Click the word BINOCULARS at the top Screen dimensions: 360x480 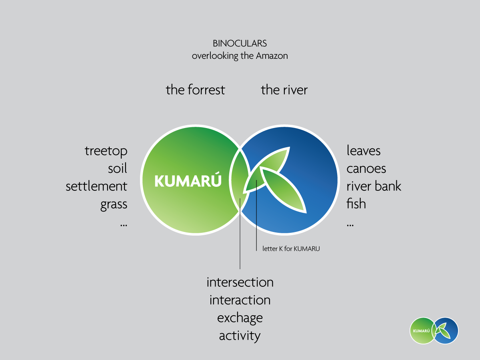click(240, 43)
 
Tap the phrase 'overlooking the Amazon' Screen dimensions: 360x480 click(240, 56)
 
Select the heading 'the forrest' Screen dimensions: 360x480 click(195, 90)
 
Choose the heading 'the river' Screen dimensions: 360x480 click(284, 90)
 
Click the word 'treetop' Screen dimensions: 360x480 click(106, 151)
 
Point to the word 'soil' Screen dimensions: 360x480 click(118, 168)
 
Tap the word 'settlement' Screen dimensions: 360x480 click(96, 186)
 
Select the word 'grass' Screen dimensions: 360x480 click(114, 204)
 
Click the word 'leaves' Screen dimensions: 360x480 click(364, 151)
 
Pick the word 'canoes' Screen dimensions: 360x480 click(366, 168)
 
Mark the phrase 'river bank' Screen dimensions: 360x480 click(374, 186)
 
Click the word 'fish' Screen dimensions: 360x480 click(356, 204)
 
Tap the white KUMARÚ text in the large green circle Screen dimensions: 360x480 click(188, 182)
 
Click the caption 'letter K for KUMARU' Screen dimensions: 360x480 click(291, 249)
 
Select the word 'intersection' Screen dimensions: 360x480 click(240, 282)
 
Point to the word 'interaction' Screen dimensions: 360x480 click(240, 300)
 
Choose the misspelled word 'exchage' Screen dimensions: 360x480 click(240, 318)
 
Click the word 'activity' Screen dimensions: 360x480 click(240, 336)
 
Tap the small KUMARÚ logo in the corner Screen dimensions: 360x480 click(434, 331)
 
